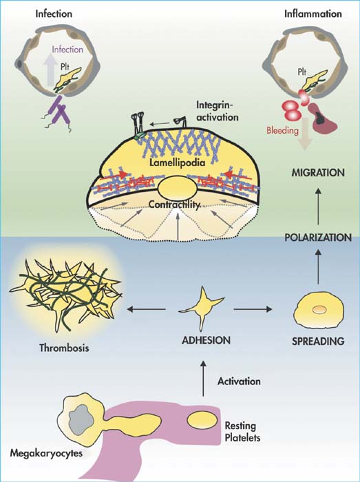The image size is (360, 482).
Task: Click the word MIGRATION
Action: (x=318, y=173)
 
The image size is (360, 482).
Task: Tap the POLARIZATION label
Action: (x=318, y=238)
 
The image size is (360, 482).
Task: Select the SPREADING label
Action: (x=318, y=342)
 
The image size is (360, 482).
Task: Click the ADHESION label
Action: (x=206, y=340)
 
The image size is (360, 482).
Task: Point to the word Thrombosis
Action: (x=64, y=348)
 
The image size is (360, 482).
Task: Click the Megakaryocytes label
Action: (x=46, y=453)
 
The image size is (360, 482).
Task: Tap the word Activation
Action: (x=239, y=381)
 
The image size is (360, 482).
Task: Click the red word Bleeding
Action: (x=282, y=130)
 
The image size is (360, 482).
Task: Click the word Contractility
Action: (x=174, y=205)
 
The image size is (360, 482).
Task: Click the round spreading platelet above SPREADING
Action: (x=319, y=311)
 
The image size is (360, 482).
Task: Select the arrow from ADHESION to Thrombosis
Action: (x=146, y=309)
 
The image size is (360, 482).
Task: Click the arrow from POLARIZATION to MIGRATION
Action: (x=318, y=207)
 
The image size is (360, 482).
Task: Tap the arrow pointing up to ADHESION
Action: (x=202, y=378)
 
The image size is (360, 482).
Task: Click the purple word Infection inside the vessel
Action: (x=67, y=49)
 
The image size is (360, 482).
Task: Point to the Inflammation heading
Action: (x=313, y=14)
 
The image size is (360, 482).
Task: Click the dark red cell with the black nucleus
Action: (x=322, y=118)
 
